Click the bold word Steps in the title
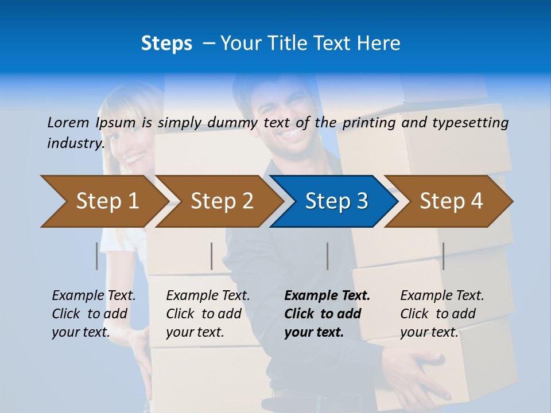click(166, 44)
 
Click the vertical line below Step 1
click(96, 256)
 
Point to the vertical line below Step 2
click(211, 256)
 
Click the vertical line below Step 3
click(327, 256)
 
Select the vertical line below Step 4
click(443, 256)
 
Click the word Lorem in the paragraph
click(68, 122)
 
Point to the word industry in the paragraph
click(75, 143)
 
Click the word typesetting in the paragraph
click(470, 122)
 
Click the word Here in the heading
click(378, 44)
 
